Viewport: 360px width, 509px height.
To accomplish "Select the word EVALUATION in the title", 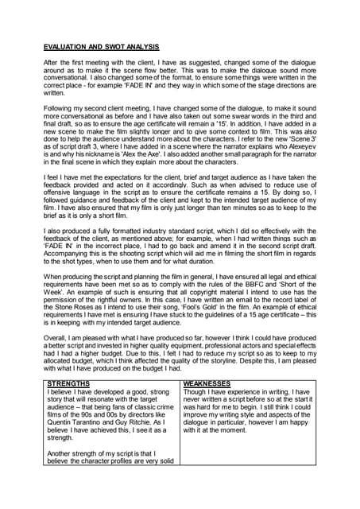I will pyautogui.click(x=66, y=46).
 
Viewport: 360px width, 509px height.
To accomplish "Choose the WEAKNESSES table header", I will pyautogui.click(x=208, y=383).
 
